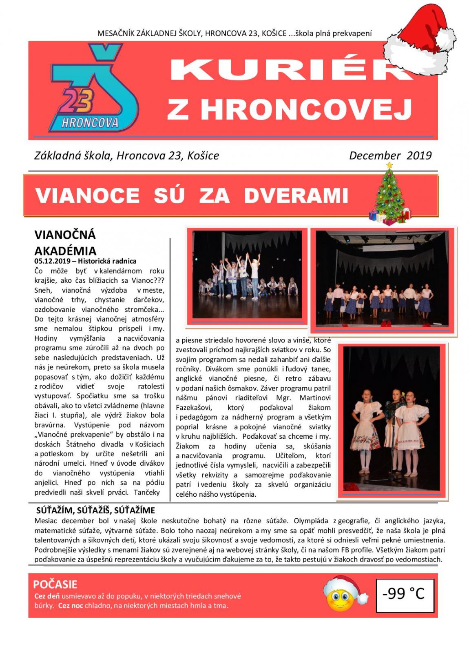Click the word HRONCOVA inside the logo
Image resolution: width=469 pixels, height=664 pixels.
tap(90, 122)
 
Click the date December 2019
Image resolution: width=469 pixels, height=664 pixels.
tap(390, 155)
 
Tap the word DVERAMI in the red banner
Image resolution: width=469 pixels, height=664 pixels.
tap(296, 195)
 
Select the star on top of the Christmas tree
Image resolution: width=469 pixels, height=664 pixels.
tap(389, 165)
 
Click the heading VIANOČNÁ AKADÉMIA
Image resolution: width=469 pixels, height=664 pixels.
tap(65, 242)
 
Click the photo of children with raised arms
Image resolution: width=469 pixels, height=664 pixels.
tap(247, 274)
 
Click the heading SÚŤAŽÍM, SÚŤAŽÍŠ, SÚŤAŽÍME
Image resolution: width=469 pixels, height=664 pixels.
tap(95, 510)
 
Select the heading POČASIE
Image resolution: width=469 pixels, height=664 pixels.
tap(55, 584)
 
